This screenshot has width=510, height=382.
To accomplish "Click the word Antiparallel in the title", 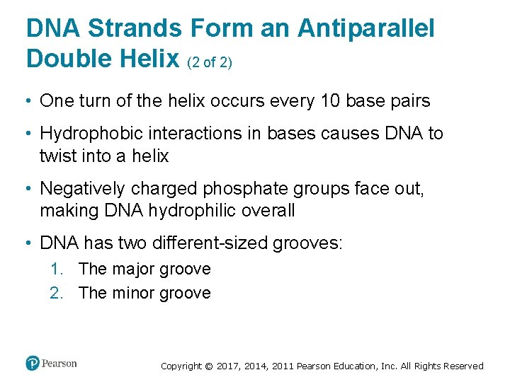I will (x=365, y=29).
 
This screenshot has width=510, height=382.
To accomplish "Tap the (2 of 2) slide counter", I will (x=210, y=62).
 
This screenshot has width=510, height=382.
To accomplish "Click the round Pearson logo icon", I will (x=33, y=363).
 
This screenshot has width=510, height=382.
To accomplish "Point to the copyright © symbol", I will (x=208, y=366).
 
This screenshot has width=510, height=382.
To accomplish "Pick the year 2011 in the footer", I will (x=278, y=366).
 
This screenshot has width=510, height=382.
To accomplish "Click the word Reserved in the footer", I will (x=462, y=366).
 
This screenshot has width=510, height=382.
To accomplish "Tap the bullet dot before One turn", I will (x=29, y=102).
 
